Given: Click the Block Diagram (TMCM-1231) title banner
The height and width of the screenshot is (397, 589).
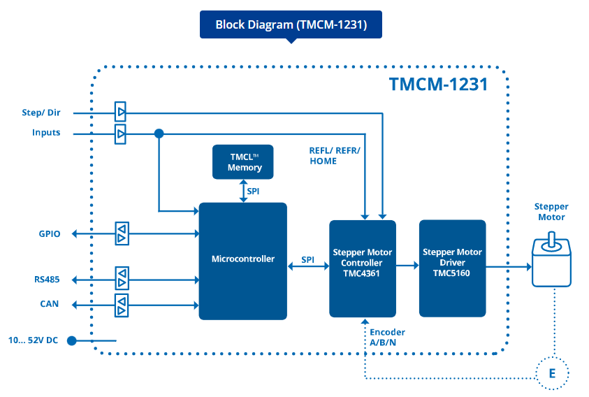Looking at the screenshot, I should (291, 24).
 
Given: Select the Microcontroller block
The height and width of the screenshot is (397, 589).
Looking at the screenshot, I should (242, 260).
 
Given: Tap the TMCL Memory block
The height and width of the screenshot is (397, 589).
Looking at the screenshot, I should (243, 162).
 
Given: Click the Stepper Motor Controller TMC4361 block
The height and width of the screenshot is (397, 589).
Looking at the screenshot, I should (362, 268).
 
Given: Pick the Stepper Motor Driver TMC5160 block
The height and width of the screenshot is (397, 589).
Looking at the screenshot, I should (451, 268).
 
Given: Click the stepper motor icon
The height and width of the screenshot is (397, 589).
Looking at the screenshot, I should (551, 262).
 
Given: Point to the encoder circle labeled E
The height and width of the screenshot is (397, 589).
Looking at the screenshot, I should (552, 373).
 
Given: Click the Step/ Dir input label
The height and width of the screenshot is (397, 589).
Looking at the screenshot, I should (42, 113).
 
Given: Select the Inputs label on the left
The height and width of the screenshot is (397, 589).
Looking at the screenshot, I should (46, 133).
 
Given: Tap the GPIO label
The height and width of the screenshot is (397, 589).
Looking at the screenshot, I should (50, 234).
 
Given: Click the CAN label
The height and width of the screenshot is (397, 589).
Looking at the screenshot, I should (50, 305).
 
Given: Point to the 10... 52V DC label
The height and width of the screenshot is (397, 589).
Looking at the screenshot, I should (33, 340).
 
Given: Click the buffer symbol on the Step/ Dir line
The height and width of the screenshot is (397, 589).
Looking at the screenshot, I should (121, 112).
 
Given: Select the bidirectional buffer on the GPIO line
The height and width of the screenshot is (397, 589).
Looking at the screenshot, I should (122, 234).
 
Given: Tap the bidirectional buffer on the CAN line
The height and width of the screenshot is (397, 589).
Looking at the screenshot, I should (122, 305).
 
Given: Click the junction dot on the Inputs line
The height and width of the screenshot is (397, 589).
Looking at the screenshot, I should (159, 133).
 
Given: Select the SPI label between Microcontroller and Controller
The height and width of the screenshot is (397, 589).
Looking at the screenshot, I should (307, 259).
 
